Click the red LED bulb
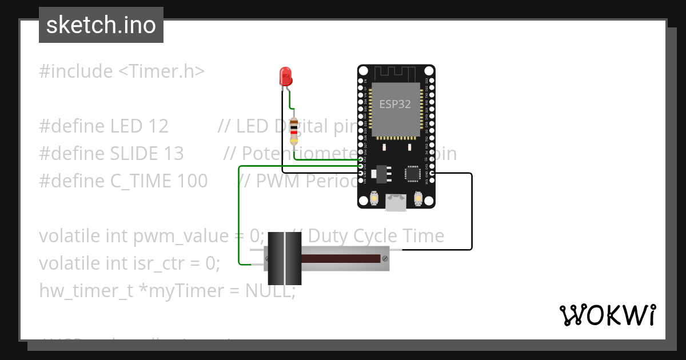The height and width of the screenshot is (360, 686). tap(285, 77)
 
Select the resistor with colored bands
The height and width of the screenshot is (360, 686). tap(294, 131)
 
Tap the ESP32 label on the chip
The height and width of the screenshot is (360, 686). tap(395, 104)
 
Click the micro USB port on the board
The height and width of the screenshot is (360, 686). tap(396, 202)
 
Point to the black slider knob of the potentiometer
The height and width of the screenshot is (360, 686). tap(284, 258)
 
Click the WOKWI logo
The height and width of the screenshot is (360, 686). tap(607, 315)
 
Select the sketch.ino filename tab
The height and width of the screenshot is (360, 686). tap(101, 25)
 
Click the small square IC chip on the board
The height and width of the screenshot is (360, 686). tap(413, 173)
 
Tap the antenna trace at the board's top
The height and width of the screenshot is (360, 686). tap(396, 73)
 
